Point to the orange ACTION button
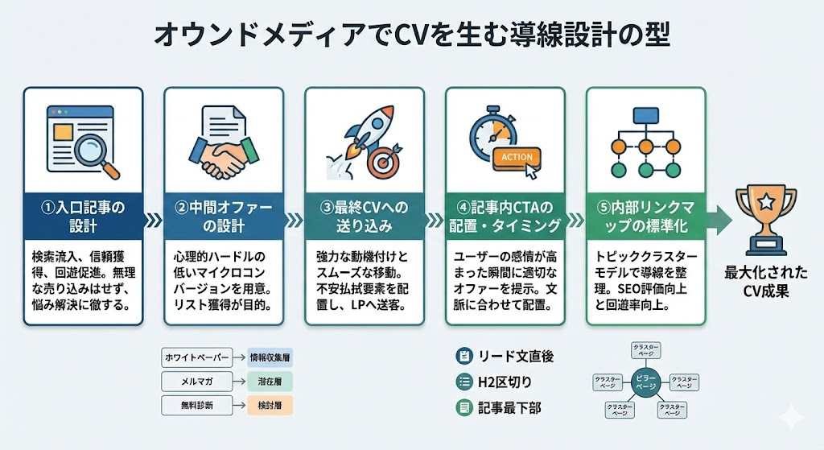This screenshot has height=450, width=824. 516,156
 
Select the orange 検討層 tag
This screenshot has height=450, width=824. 267,404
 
